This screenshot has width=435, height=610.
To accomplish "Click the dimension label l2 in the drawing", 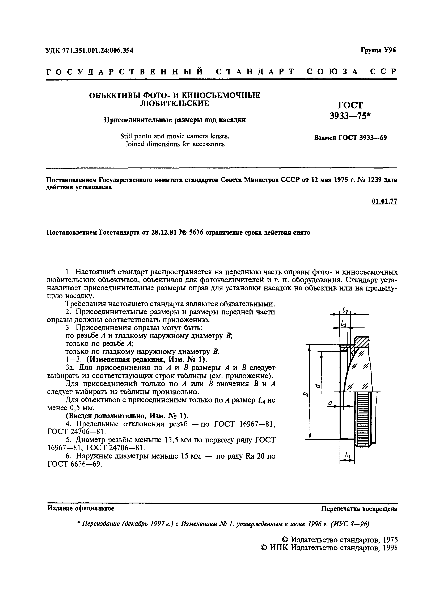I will (x=345, y=311).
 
